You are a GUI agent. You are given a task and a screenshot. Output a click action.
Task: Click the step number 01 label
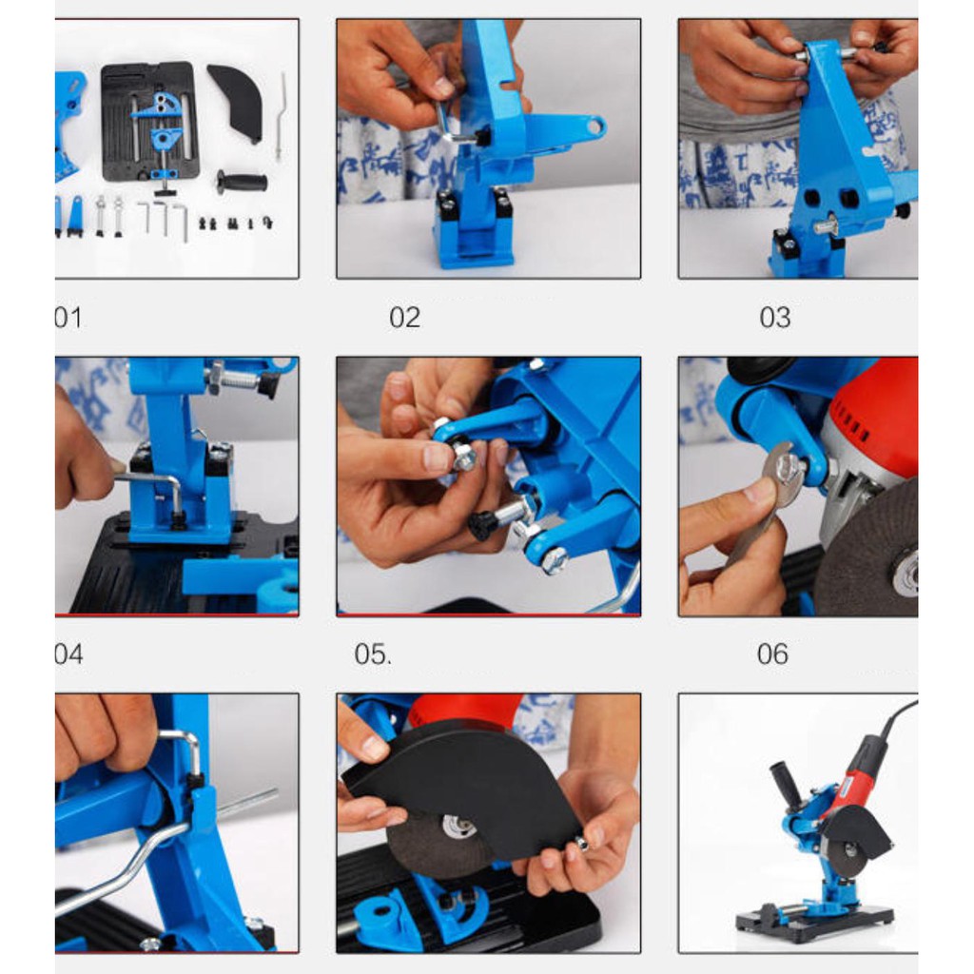pos(68,318)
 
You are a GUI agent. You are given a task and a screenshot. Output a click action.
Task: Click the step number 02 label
pos(405,318)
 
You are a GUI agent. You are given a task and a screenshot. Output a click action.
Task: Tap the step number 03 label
pos(774,318)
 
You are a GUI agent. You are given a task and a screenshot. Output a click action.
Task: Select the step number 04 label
pos(68,654)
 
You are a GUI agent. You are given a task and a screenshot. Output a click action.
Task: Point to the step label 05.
pos(373,654)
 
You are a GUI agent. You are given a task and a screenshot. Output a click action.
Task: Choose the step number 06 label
pos(772,654)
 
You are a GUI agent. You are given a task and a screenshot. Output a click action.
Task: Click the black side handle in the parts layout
pos(243,183)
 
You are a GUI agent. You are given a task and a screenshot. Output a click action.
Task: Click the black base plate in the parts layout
pos(149,122)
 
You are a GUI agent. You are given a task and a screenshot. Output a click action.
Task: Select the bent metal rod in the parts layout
pos(282,115)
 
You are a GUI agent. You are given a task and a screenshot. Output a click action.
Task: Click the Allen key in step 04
pos(150,492)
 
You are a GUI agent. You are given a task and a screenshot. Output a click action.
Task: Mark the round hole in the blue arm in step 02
pos(594,127)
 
